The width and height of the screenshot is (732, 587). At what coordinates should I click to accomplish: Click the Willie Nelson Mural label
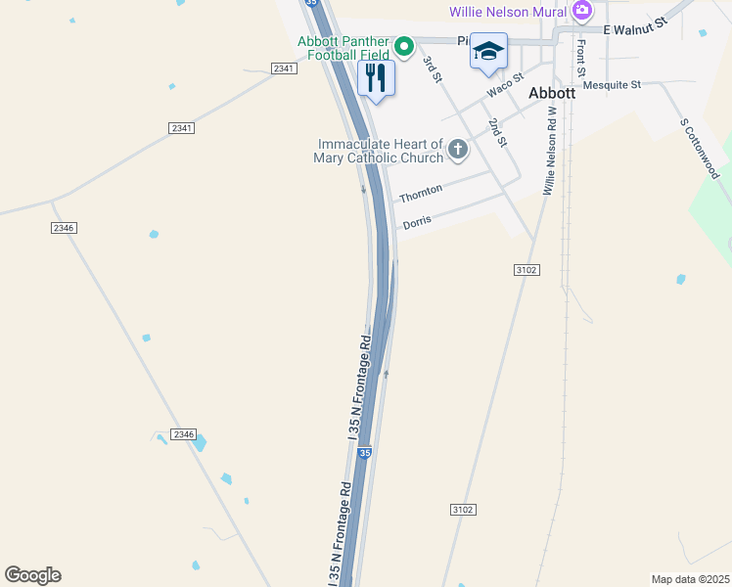tap(508, 12)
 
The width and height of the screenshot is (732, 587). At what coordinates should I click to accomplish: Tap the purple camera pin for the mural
tap(582, 11)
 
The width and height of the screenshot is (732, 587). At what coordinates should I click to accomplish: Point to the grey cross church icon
tap(457, 150)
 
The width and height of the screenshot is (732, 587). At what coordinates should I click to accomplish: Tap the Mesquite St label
tap(612, 85)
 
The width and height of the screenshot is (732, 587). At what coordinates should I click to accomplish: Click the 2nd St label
tap(498, 133)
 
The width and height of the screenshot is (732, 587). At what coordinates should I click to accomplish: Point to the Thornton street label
tap(421, 193)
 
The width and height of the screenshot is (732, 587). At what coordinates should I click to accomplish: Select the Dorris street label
tap(417, 223)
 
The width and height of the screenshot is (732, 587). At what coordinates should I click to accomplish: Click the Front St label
tap(580, 59)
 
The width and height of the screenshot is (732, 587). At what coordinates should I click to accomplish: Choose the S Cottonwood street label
tap(700, 149)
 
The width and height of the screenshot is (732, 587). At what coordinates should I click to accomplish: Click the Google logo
tap(32, 575)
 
